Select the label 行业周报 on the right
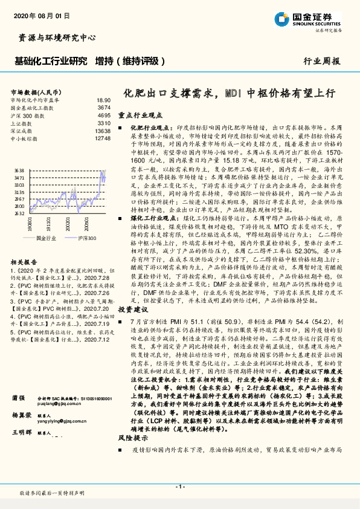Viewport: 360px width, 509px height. pos(321,62)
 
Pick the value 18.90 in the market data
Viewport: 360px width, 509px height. pos(103,100)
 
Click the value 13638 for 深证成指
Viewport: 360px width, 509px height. pos(103,131)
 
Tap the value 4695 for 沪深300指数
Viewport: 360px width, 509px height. pos(104,115)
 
